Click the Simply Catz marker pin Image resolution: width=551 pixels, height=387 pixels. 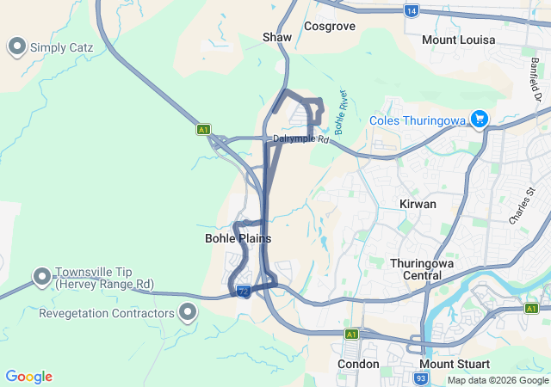(16, 46)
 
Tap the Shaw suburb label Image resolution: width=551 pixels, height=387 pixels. (277, 38)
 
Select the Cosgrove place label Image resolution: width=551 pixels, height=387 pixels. (331, 27)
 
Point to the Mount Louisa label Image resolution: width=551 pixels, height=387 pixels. (458, 40)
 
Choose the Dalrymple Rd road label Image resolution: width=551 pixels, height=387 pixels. (300, 138)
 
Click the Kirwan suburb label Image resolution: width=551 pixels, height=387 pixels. (418, 204)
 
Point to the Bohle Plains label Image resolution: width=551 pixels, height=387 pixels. (238, 238)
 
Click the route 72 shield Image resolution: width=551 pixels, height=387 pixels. (245, 292)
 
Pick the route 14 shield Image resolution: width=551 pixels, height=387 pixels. (412, 10)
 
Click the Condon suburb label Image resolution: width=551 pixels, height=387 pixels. (358, 364)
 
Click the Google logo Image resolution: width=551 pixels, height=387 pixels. (28, 377)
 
